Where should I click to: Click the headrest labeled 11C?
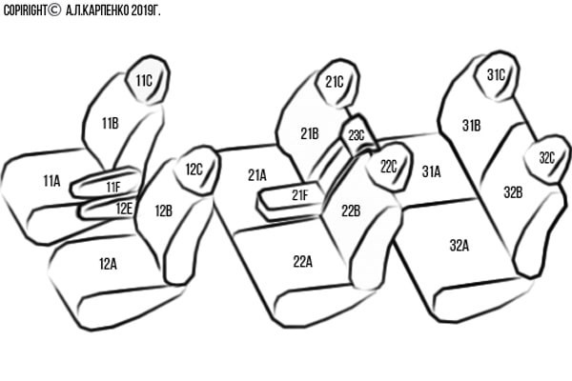coord(148,80)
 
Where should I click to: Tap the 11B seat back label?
coord(111,124)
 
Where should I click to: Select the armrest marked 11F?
coord(106,182)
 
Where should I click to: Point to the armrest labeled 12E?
coord(107,208)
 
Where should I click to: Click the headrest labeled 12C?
coord(197,170)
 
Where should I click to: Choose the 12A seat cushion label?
coord(108,264)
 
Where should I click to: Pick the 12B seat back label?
coord(164,211)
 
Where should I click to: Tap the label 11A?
coord(51,181)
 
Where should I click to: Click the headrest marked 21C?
coord(337,83)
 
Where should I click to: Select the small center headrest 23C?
coord(358,135)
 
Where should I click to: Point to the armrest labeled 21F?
coord(292,200)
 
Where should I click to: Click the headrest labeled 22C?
coord(390,167)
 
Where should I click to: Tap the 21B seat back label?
coord(310,133)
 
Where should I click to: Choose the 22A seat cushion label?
coord(303,261)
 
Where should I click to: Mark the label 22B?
coord(351,211)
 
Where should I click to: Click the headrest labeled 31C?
coord(497,76)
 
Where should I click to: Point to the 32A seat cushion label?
coord(460,246)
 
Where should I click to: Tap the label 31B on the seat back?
coord(471,126)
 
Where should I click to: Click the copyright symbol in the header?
coord(54,10)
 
